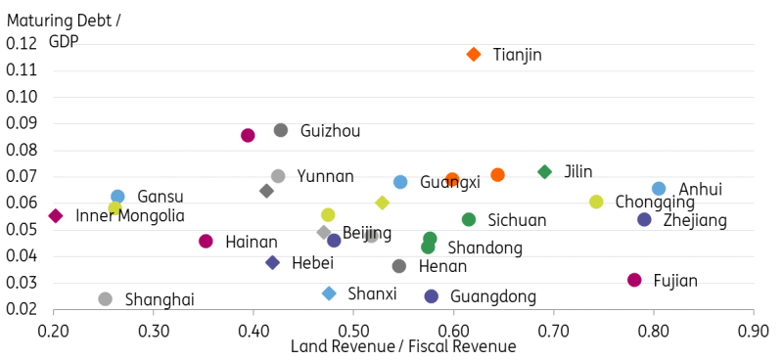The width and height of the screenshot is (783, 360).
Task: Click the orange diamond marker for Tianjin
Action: tap(474, 55)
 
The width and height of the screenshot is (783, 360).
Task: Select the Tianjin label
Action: tap(517, 55)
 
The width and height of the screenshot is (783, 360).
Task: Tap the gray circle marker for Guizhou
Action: tap(281, 130)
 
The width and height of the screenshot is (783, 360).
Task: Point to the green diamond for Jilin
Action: tap(545, 171)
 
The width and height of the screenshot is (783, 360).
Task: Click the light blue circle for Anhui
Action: tap(659, 189)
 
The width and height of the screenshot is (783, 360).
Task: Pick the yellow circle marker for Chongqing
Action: tap(596, 202)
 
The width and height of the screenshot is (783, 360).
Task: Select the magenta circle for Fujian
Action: tap(634, 280)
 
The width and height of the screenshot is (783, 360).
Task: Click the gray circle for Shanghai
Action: tap(106, 298)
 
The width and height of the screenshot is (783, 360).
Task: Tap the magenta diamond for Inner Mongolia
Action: tap(56, 215)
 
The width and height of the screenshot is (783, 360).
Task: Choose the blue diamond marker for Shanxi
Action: tap(329, 293)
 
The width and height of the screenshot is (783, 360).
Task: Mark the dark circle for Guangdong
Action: tap(432, 295)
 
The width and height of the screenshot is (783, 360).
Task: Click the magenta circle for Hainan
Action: tap(206, 241)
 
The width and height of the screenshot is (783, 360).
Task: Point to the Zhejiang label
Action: tap(695, 220)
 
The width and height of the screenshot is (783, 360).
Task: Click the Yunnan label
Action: tap(325, 176)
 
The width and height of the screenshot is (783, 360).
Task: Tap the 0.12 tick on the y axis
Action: tap(22, 44)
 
